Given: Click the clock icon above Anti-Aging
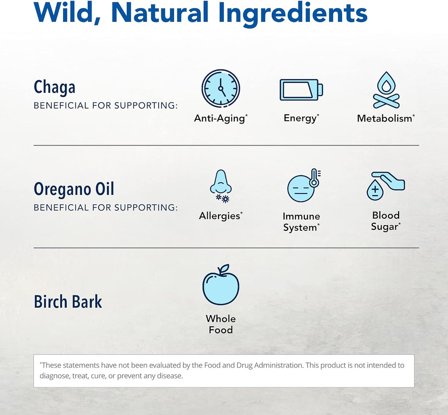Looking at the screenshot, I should pyautogui.click(x=221, y=89).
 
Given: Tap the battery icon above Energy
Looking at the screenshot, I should pyautogui.click(x=301, y=90).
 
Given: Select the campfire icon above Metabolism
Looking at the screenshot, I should pyautogui.click(x=386, y=90).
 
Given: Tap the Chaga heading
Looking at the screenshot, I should pyautogui.click(x=55, y=88).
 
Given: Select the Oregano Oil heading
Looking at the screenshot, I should pyautogui.click(x=74, y=189).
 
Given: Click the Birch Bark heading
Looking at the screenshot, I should pyautogui.click(x=68, y=302).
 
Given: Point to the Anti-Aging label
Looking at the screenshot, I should pyautogui.click(x=219, y=118).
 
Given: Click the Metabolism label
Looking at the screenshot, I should pyautogui.click(x=385, y=118).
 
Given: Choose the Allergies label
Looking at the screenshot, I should pyautogui.click(x=219, y=216).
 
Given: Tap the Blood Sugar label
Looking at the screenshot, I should pyautogui.click(x=385, y=221).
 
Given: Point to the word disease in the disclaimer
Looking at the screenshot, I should pyautogui.click(x=171, y=376).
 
